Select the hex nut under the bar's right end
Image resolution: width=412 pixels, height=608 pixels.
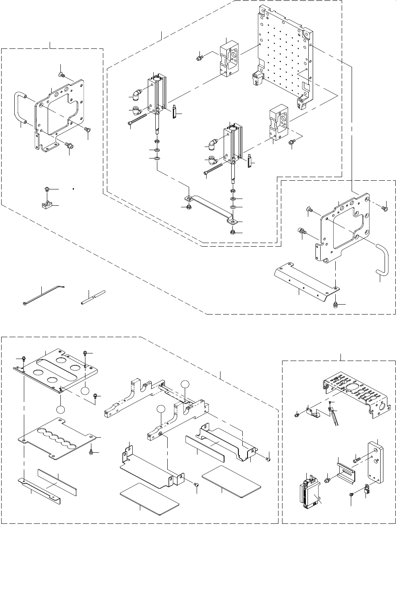point(232,232)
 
